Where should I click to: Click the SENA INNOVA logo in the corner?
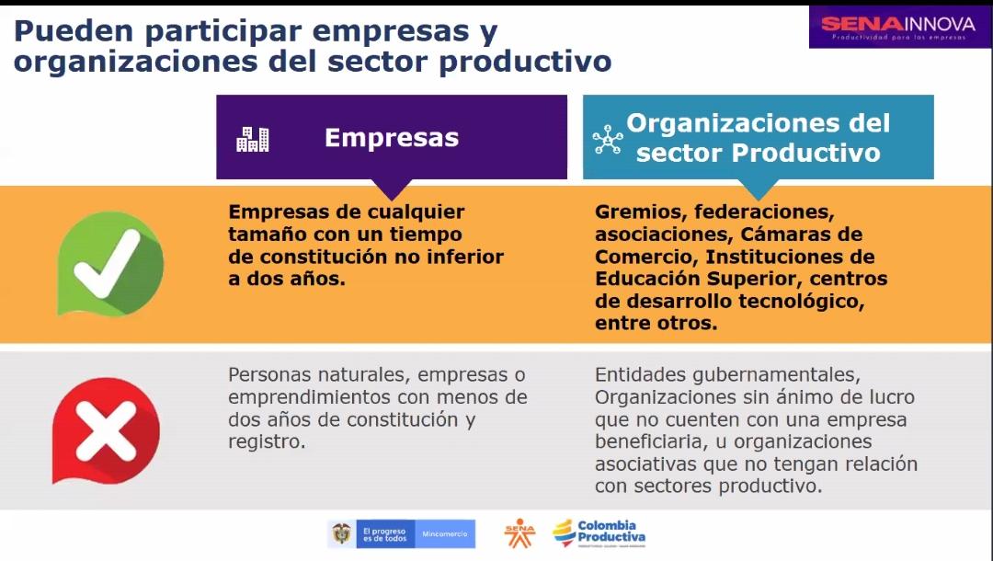pos(898,28)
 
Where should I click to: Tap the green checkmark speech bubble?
pos(110,263)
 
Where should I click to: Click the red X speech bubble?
pos(106,431)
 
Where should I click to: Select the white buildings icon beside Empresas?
pos(253,139)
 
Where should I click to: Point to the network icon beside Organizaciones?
pos(608,139)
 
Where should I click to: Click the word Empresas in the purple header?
pos(392,137)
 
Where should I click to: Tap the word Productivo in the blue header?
pos(806,154)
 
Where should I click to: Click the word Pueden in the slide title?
pos(74,31)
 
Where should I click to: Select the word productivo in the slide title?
pos(525,62)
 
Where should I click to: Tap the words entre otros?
pos(656,324)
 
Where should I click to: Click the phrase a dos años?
pos(287,279)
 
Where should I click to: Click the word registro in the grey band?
pos(267,442)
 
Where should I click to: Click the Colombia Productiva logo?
pos(599,533)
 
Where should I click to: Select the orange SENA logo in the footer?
pos(519,533)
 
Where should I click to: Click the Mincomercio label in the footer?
pos(445,534)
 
